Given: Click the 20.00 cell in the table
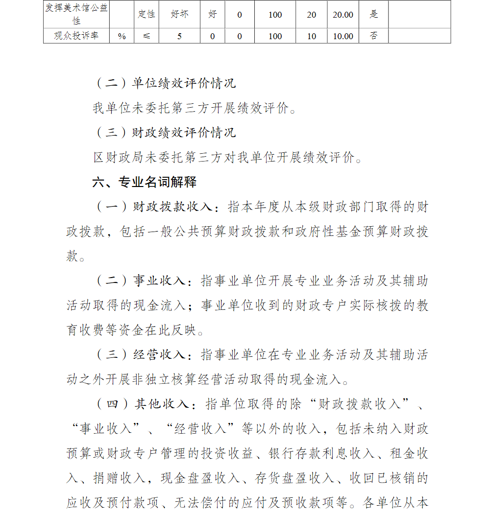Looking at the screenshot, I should [343, 15].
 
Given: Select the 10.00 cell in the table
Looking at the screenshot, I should [343, 36].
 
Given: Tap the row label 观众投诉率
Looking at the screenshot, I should [76, 36].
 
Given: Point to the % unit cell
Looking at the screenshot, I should [122, 36].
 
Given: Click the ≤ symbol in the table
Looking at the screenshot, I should [146, 36].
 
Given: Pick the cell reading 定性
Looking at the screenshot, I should [146, 15].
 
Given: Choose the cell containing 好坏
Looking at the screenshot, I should [179, 15].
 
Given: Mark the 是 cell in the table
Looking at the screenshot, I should [374, 15].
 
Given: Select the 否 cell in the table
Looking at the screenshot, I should [374, 36].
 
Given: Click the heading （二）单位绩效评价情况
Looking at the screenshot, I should [165, 83].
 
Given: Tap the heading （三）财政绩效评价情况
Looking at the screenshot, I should [165, 133].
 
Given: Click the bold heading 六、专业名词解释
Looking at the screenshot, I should [145, 183].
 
